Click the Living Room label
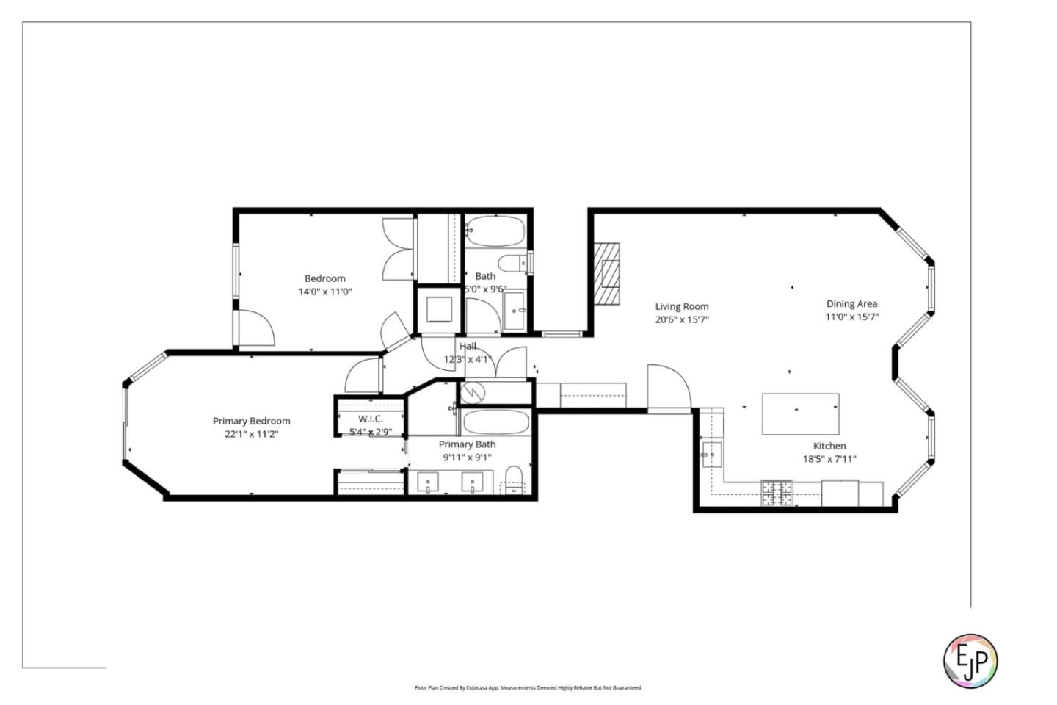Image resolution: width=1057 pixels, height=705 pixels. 682,307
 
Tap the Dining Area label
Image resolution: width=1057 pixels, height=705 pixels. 851,304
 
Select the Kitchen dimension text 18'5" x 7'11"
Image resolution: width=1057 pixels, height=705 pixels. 829,460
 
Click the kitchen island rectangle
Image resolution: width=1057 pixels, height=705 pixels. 800,414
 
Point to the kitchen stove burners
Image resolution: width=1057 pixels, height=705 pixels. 777,493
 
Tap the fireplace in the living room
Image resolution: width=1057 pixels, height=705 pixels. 607,273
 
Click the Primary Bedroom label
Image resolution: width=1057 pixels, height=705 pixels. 251,421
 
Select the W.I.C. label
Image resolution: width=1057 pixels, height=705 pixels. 370,419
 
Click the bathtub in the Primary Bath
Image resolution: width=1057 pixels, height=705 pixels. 495,422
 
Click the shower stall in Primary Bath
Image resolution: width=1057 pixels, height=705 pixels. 474,392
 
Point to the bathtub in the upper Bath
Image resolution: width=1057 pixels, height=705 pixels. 495,231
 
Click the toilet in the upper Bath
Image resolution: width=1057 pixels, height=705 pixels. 512,262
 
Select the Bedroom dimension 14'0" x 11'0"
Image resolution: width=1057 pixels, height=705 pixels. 324,292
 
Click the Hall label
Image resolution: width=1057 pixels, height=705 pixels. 468,346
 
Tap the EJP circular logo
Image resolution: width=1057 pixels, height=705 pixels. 970,660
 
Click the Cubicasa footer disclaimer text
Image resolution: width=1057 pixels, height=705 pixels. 528,688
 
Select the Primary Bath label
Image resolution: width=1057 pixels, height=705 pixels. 467,444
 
